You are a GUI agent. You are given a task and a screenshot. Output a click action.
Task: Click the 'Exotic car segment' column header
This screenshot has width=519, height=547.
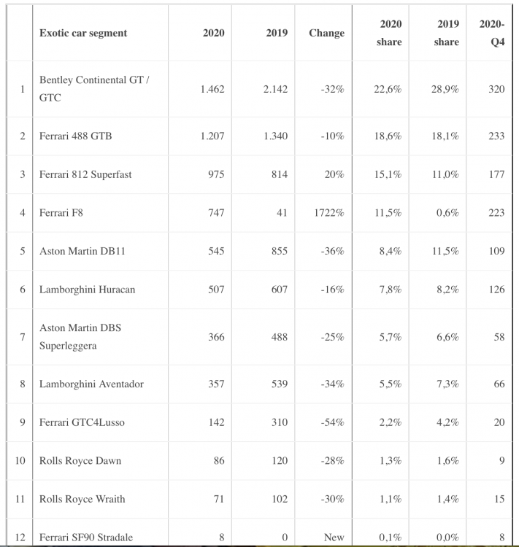click(x=83, y=33)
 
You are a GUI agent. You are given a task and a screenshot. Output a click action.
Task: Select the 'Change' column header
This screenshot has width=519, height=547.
click(x=326, y=33)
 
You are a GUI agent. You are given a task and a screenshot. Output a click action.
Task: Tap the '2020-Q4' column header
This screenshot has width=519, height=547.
click(x=492, y=33)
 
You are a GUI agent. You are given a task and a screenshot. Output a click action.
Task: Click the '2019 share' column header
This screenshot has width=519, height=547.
click(x=446, y=33)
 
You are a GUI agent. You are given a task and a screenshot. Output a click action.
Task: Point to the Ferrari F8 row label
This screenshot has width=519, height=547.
click(x=61, y=213)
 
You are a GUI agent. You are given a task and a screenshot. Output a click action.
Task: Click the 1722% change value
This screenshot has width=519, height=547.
click(x=329, y=213)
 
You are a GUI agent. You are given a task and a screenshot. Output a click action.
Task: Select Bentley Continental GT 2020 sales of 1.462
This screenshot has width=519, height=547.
click(x=212, y=89)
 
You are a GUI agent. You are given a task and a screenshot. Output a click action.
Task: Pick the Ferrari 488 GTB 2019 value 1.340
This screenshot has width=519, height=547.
click(x=276, y=136)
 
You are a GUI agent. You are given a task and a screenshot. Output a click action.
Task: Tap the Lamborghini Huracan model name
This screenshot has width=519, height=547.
click(x=87, y=290)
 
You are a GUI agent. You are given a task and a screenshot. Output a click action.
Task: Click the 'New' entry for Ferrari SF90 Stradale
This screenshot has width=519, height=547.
click(x=334, y=538)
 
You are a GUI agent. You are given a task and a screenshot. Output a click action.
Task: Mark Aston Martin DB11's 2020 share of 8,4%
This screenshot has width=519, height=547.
click(x=391, y=251)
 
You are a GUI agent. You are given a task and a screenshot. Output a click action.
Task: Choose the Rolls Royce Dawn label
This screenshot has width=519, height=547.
click(x=80, y=460)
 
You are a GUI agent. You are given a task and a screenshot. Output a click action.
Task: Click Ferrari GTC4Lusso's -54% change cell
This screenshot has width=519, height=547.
click(x=332, y=422)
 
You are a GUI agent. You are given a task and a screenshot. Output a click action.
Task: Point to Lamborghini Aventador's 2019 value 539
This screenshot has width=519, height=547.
click(x=280, y=384)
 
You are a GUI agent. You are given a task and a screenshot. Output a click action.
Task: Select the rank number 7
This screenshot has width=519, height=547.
click(x=23, y=337)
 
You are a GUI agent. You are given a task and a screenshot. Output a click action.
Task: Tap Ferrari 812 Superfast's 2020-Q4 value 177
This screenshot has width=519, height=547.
click(x=496, y=174)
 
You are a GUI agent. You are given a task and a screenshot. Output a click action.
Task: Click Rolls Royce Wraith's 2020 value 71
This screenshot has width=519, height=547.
click(x=219, y=499)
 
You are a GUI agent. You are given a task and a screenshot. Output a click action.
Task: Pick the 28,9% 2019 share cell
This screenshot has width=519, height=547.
click(x=445, y=89)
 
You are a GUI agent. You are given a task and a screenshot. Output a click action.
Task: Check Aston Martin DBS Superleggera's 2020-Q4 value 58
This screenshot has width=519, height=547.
click(x=499, y=337)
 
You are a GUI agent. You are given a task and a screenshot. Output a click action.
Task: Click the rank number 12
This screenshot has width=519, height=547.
click(x=20, y=538)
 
